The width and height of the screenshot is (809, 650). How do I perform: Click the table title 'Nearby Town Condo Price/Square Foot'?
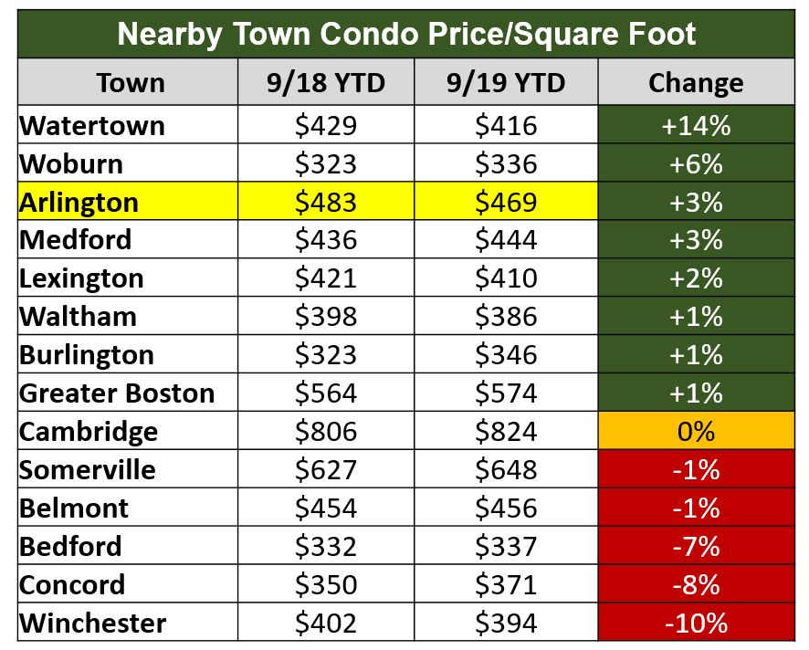tap(406, 34)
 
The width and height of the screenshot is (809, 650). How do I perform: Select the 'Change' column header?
tap(696, 83)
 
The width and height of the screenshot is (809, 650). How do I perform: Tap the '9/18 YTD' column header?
tap(325, 83)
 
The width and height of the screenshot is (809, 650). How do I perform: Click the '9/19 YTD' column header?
tap(506, 83)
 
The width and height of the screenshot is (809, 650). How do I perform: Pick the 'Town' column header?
tap(131, 83)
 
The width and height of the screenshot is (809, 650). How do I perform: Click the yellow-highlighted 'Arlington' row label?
tap(79, 202)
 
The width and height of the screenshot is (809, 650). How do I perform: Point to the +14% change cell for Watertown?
tap(696, 125)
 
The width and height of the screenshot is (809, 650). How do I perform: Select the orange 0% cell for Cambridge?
tap(696, 431)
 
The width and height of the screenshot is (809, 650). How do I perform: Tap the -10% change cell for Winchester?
tap(696, 624)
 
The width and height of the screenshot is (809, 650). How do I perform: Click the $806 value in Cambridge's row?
tap(325, 431)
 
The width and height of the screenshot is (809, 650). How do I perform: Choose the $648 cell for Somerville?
tap(506, 470)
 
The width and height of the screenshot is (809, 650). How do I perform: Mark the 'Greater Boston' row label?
tap(117, 393)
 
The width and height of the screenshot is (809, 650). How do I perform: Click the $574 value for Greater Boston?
tap(506, 393)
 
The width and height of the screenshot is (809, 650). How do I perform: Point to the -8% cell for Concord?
tap(696, 584)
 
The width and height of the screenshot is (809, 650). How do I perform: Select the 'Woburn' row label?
tap(71, 164)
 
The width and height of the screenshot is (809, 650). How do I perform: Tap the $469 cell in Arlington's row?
tap(506, 202)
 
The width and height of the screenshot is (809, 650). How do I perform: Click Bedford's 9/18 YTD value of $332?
tap(325, 546)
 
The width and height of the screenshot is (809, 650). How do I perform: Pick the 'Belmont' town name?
tap(74, 508)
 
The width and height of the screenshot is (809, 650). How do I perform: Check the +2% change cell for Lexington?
tap(696, 278)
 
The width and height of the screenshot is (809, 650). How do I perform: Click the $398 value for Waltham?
tap(325, 317)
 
